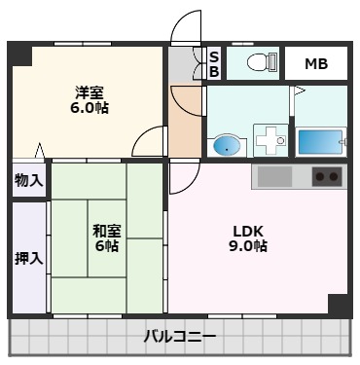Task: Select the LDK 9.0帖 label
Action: pyautogui.click(x=250, y=238)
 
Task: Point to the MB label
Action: pyautogui.click(x=316, y=64)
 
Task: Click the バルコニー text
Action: pyautogui.click(x=180, y=337)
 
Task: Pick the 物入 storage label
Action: pyautogui.click(x=28, y=180)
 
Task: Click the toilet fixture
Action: pyautogui.click(x=259, y=63)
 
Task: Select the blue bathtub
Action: pyautogui.click(x=320, y=141)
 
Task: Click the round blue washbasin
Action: pyautogui.click(x=225, y=146)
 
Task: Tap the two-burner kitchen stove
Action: pyautogui.click(x=327, y=177)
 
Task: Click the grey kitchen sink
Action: pyautogui.click(x=274, y=177)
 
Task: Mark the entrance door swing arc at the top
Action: pyautogui.click(x=186, y=27)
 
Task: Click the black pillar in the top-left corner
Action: pyautogui.click(x=19, y=54)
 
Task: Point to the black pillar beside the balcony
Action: pyautogui.click(x=338, y=304)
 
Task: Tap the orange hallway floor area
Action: pyautogui.click(x=183, y=122)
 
